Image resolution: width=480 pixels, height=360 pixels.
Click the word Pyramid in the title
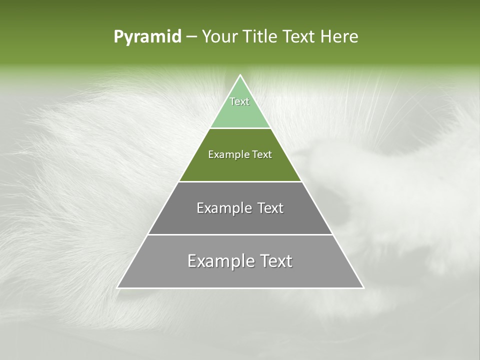(x=147, y=37)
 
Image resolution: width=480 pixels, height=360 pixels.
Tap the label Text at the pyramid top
(x=239, y=101)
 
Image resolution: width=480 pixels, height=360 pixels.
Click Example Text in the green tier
(x=240, y=154)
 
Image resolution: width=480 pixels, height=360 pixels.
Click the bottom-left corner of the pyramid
(x=118, y=287)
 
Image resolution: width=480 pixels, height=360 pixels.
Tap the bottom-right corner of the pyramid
(x=363, y=287)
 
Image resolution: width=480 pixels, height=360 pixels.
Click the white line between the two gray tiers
(x=240, y=234)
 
